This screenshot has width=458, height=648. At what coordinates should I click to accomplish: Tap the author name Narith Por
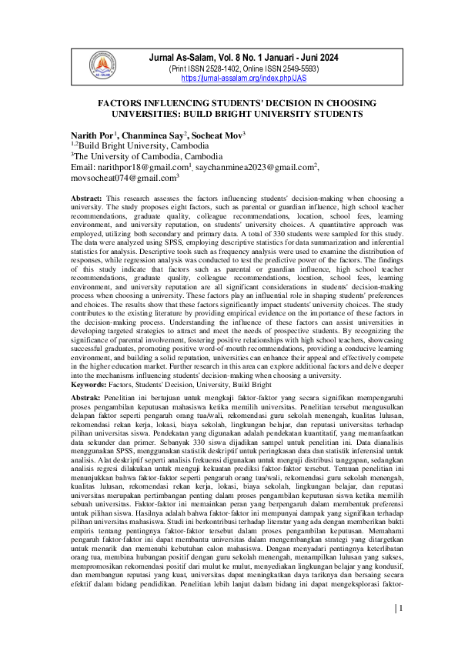coord(90,135)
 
